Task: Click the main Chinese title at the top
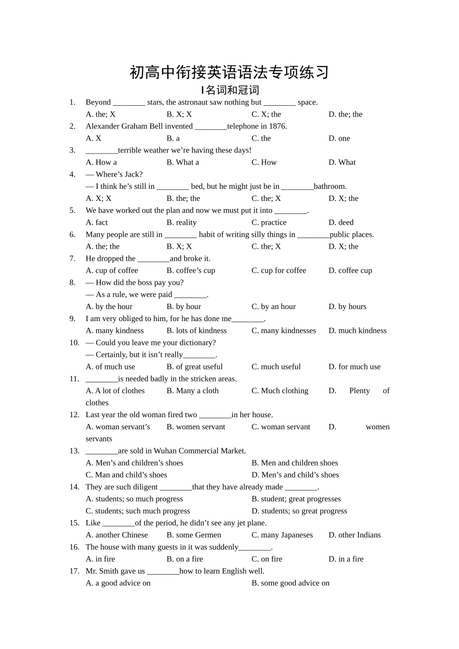tap(229, 72)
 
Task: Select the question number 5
tap(72, 211)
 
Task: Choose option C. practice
tap(269, 223)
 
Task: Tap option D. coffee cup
tap(350, 270)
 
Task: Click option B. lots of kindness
tap(197, 331)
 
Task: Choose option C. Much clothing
tap(280, 391)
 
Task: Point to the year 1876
tap(277, 127)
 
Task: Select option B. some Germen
tap(194, 535)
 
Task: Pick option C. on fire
tap(267, 559)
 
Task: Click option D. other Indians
tap(355, 535)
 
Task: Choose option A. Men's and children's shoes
tap(134, 463)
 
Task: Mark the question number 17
tap(74, 571)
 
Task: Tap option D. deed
tap(341, 223)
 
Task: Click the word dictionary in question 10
tap(196, 343)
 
